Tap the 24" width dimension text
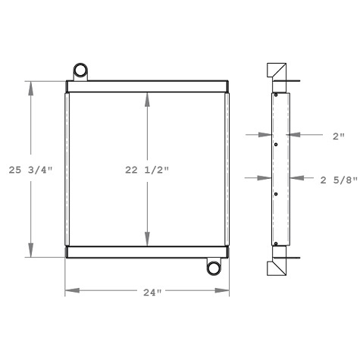tap(146, 292)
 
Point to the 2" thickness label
tap(338, 136)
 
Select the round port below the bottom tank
tap(213, 267)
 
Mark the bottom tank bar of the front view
tap(146, 252)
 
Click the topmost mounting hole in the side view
tap(276, 95)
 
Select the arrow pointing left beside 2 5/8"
tap(296, 179)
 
